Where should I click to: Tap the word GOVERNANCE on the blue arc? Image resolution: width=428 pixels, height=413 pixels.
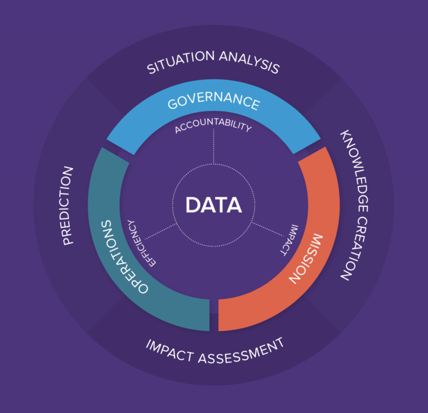click(213, 102)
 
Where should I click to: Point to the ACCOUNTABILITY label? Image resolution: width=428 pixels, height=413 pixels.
click(213, 126)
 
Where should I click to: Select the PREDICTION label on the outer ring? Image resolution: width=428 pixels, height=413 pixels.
click(67, 206)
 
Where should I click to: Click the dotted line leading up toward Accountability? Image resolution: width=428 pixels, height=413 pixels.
click(213, 148)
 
